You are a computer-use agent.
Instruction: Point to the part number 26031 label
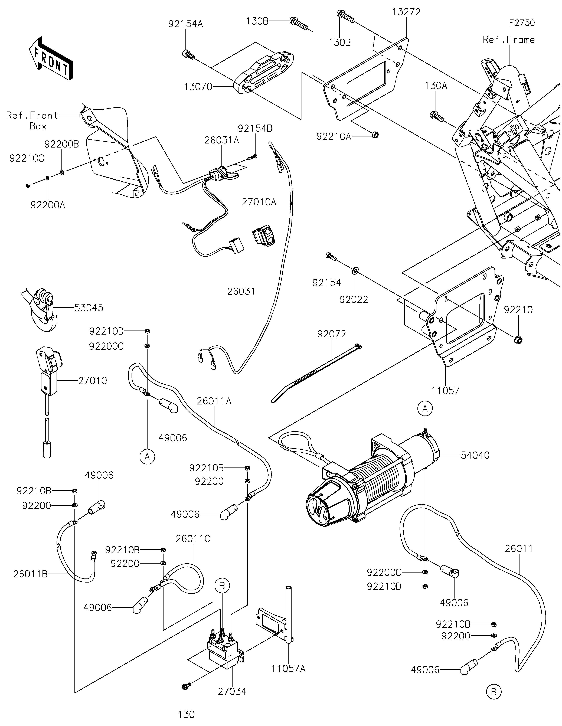[241, 292]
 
